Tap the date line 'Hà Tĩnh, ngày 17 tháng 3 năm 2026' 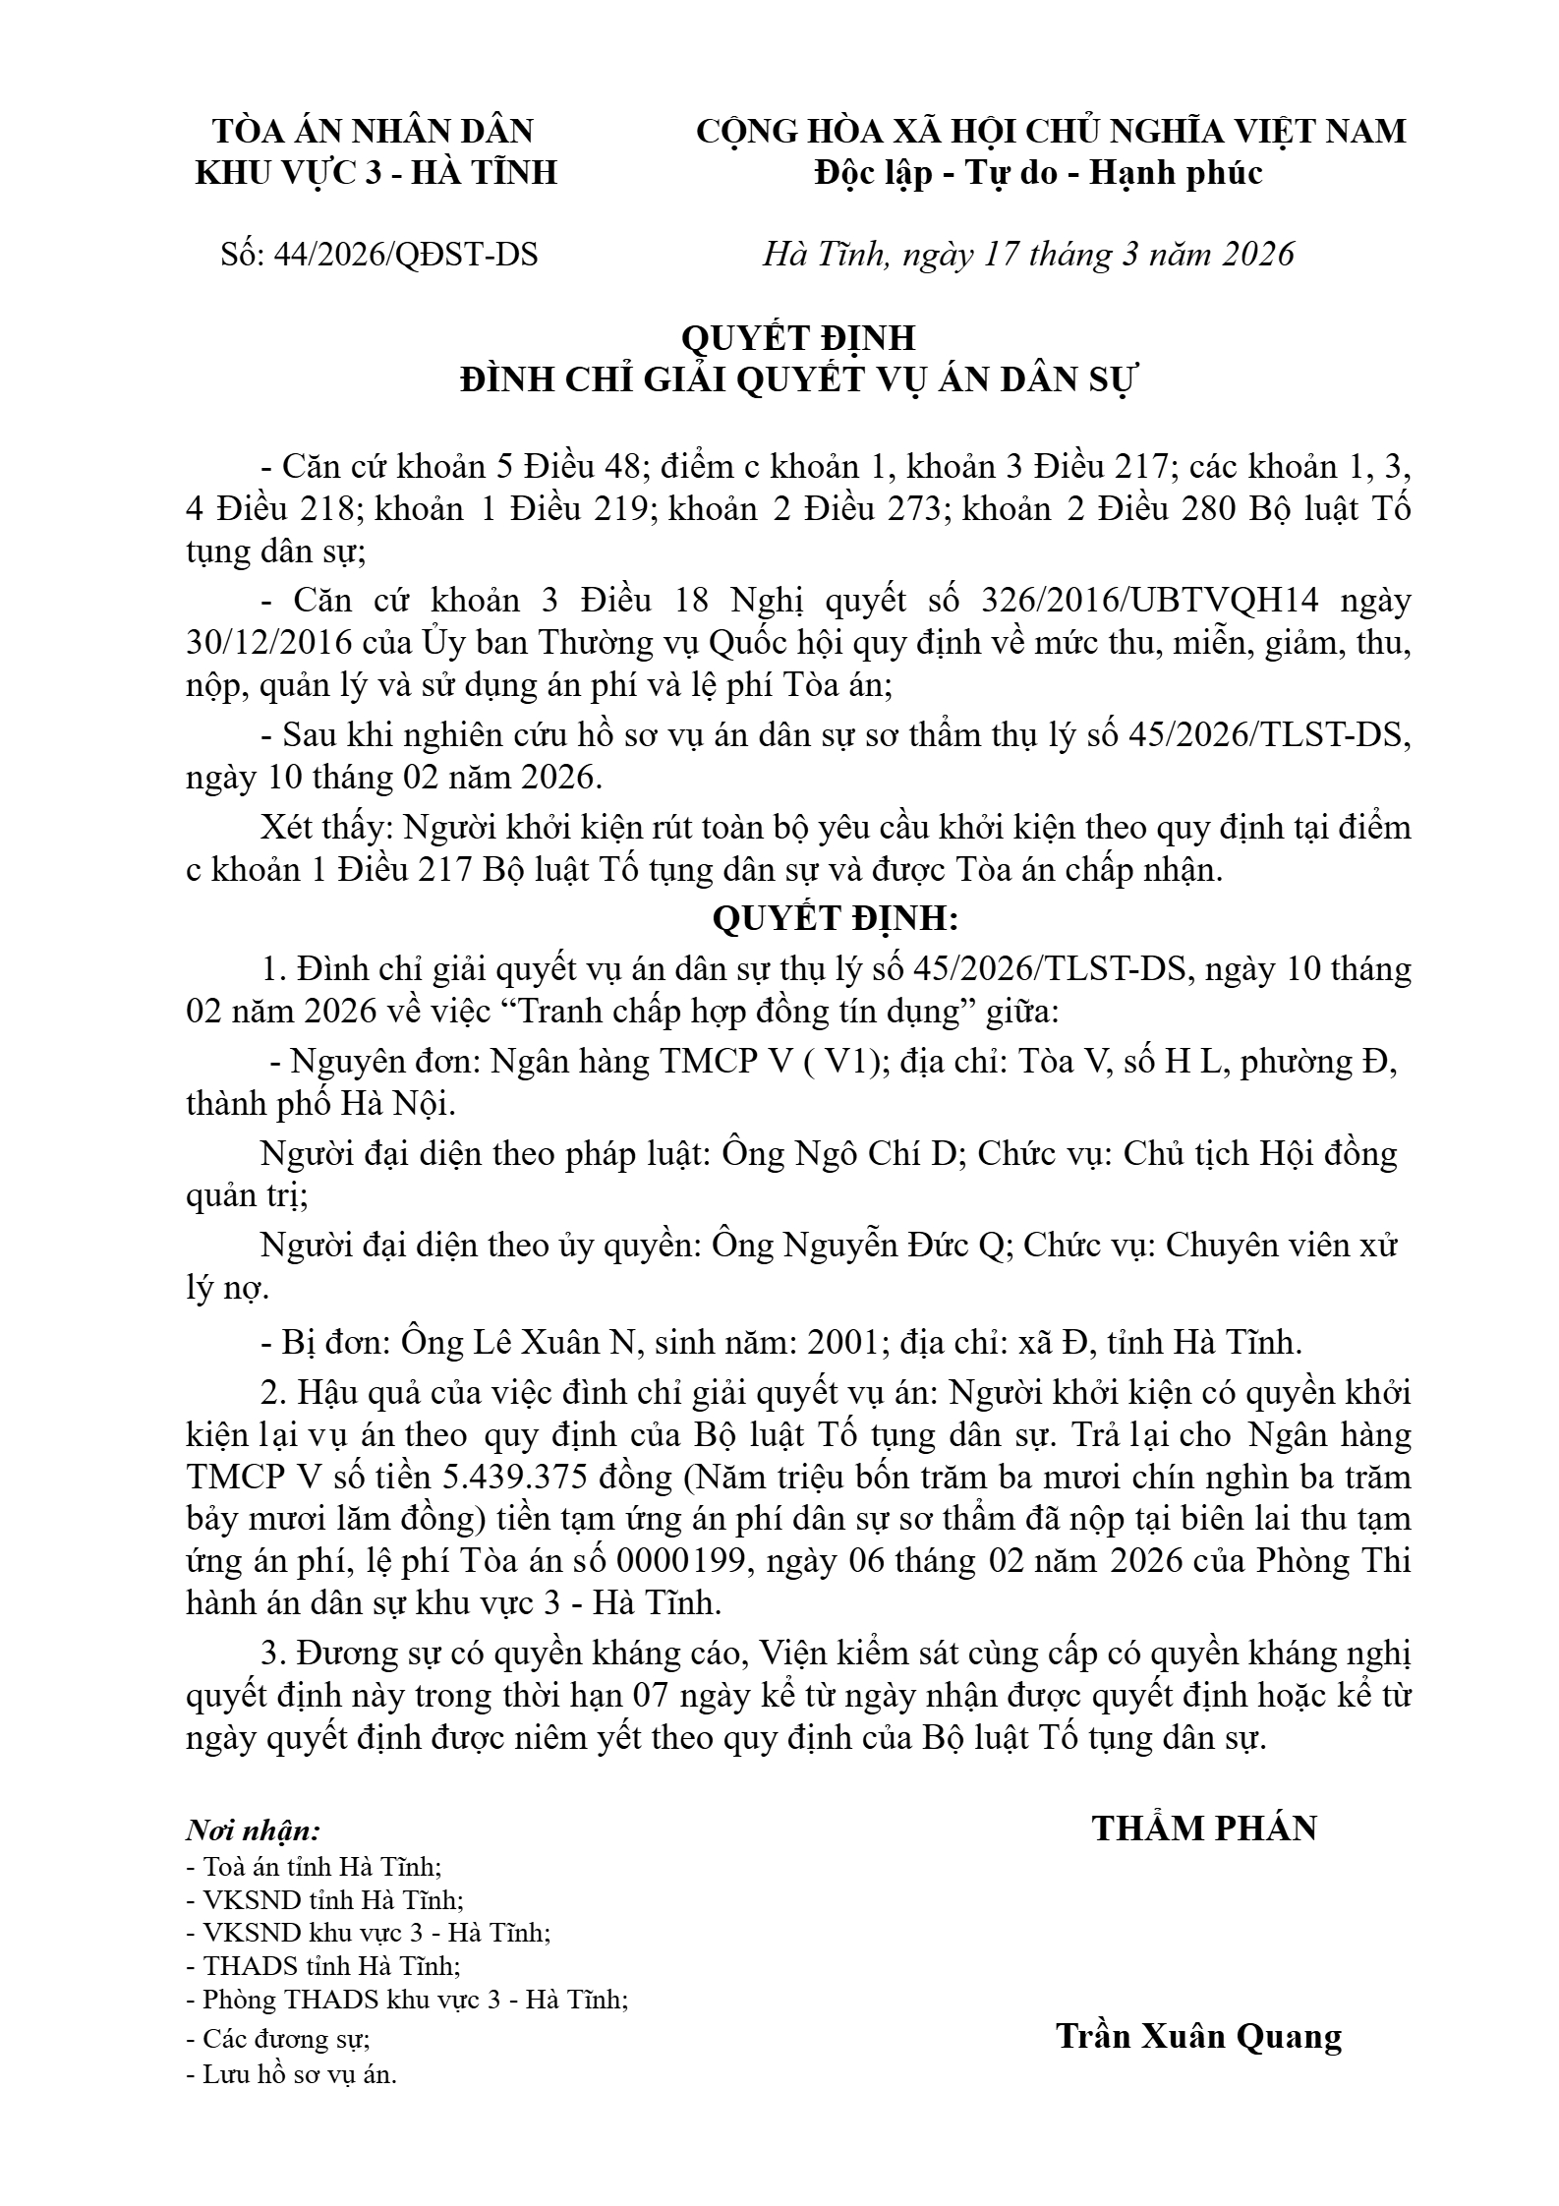[1028, 255]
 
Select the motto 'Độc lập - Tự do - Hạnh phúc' [1038, 173]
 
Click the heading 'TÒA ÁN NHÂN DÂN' [375, 131]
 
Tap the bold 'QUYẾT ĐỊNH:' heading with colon [834, 919]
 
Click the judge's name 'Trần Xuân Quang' [1198, 2036]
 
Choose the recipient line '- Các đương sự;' [278, 2039]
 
